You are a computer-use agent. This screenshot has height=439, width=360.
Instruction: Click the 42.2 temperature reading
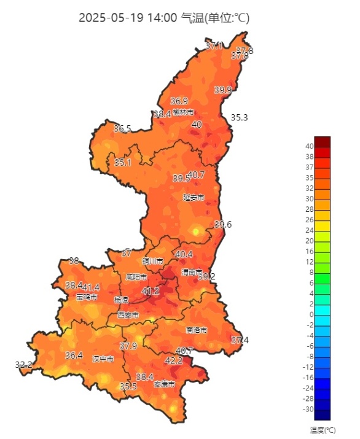[174, 360]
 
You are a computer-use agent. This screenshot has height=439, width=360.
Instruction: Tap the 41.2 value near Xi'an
[151, 290]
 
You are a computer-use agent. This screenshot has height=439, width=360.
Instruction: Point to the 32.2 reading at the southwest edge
[23, 365]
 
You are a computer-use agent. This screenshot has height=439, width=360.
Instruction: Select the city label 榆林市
[183, 112]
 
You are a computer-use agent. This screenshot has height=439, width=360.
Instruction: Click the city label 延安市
[194, 197]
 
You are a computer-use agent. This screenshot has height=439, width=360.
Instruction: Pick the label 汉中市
[103, 359]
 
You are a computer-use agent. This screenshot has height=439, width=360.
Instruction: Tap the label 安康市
[164, 384]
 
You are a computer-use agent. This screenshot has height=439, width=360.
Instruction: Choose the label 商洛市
[196, 330]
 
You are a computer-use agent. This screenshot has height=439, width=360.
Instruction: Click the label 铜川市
[152, 261]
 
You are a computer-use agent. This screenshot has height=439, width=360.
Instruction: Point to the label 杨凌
[122, 300]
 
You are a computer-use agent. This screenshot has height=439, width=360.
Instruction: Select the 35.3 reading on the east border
[239, 117]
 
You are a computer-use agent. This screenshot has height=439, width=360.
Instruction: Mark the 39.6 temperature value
[223, 225]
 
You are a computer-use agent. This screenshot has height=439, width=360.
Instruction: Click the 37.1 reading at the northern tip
[214, 45]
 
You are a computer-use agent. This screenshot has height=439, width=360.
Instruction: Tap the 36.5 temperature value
[122, 128]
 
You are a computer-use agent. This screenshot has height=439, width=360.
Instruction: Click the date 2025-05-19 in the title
[111, 18]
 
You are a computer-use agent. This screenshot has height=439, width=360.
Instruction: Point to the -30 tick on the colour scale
[308, 409]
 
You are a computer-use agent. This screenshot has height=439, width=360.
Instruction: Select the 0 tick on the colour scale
[311, 314]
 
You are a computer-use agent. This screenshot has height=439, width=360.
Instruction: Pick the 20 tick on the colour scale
[309, 241]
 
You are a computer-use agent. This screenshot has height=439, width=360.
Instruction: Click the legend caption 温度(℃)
[323, 430]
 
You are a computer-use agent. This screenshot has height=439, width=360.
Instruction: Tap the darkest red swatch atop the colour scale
[322, 141]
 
